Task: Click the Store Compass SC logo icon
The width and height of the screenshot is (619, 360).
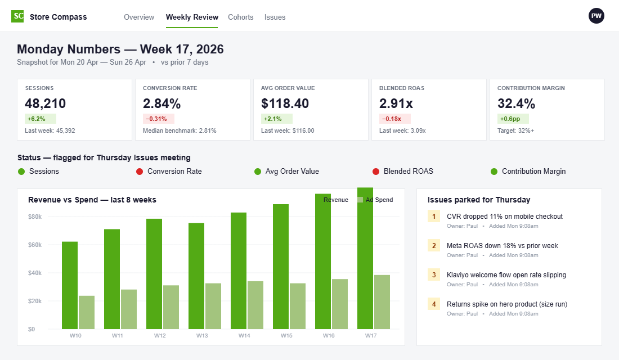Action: click(x=18, y=16)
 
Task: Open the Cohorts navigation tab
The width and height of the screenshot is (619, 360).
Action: click(x=240, y=17)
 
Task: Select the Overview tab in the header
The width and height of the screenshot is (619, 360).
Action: click(x=139, y=17)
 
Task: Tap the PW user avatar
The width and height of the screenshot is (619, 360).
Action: click(x=596, y=16)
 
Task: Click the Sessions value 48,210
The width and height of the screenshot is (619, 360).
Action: click(x=45, y=103)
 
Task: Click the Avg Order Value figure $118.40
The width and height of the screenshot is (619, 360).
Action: click(x=285, y=103)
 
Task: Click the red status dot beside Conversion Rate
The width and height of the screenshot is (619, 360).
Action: click(x=140, y=172)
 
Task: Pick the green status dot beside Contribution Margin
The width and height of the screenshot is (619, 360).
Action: click(x=494, y=172)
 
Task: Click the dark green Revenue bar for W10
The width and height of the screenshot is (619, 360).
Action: click(x=70, y=285)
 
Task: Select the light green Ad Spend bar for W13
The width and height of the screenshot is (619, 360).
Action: click(x=213, y=306)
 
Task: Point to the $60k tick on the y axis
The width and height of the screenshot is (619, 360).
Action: click(x=34, y=245)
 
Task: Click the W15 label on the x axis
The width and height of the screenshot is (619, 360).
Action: click(x=287, y=336)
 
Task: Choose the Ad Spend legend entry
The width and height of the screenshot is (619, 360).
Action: click(x=375, y=200)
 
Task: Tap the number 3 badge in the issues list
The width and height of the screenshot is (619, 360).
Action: click(x=434, y=275)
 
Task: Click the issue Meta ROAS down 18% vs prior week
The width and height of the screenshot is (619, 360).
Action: click(x=502, y=246)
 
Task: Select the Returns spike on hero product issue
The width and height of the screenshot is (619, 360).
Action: click(x=506, y=304)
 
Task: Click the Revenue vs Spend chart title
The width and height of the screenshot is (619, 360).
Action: click(x=92, y=200)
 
